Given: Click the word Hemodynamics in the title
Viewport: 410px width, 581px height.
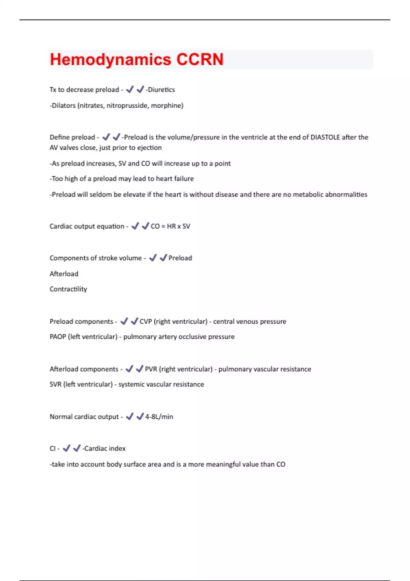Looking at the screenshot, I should (x=110, y=59).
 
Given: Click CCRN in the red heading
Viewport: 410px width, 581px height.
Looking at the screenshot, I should (x=200, y=59).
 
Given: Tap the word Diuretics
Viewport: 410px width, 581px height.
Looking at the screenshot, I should (x=161, y=90).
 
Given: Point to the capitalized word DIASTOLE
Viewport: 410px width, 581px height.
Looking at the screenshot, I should (x=325, y=137).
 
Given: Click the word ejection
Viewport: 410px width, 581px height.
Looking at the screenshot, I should (x=149, y=148).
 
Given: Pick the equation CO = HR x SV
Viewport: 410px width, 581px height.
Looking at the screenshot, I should (x=170, y=226).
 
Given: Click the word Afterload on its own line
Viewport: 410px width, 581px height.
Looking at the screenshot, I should (x=64, y=274).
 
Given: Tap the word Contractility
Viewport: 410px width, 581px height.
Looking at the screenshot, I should (x=68, y=289).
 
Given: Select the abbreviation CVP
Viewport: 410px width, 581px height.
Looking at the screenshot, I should (x=146, y=322).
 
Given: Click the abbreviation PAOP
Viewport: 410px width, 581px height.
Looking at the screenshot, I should (x=58, y=337).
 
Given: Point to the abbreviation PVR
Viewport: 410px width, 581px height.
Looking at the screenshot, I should (x=151, y=369).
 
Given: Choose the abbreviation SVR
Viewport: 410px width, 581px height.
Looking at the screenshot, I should (x=55, y=384).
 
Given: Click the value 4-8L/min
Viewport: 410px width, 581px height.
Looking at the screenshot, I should (x=159, y=417).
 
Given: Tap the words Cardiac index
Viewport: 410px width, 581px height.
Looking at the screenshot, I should (x=105, y=448).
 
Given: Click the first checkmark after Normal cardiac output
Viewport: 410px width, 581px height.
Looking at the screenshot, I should (x=129, y=417).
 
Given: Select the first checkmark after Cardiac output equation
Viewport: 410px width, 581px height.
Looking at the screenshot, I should (x=135, y=226).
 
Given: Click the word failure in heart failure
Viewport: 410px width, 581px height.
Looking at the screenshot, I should (x=184, y=179).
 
